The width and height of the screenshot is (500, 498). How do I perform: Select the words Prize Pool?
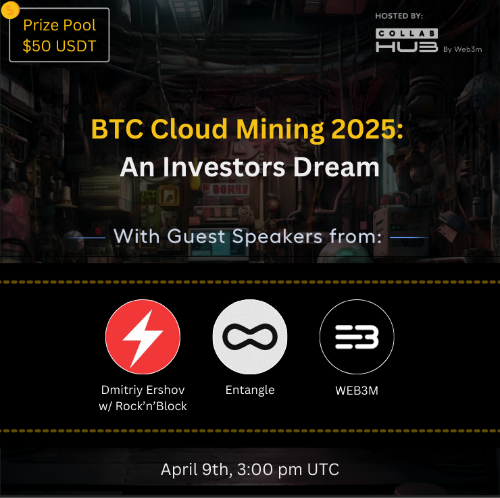[59, 26]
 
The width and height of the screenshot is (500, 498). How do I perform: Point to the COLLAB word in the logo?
[407, 32]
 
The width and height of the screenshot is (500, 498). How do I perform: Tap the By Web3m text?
[463, 49]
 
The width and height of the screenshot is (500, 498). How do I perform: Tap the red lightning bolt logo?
[143, 337]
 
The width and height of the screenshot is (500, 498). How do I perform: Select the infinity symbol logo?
[249, 337]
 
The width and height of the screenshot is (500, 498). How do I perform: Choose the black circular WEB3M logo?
[356, 337]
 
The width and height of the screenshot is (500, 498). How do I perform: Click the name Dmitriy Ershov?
[143, 391]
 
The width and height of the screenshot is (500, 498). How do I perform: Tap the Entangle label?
[249, 391]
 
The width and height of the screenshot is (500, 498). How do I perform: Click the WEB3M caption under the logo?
[356, 391]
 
